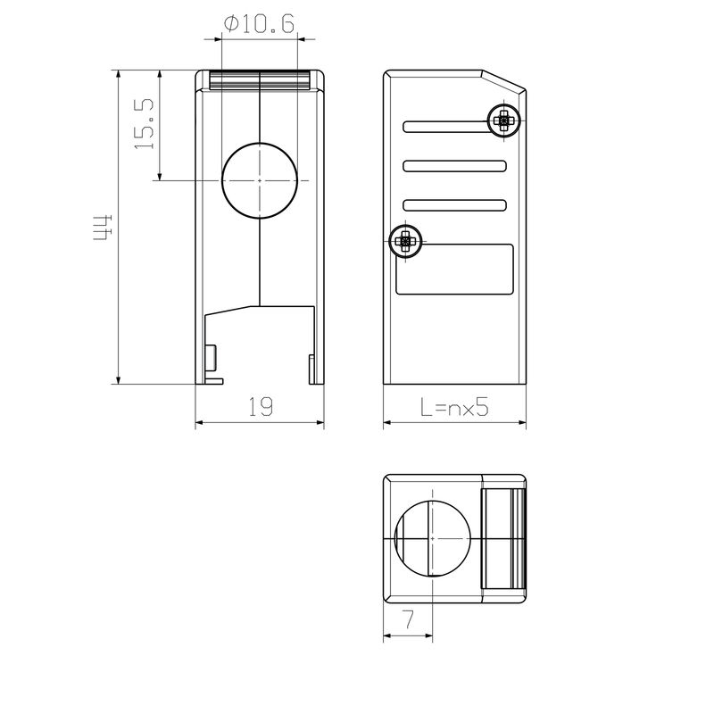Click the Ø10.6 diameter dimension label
pyautogui.click(x=259, y=24)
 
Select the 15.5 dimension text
pyautogui.click(x=145, y=124)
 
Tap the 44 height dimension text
pyautogui.click(x=103, y=228)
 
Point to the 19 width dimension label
pyautogui.click(x=261, y=406)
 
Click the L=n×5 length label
pyautogui.click(x=454, y=406)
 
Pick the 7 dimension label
pyautogui.click(x=409, y=619)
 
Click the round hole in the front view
pyautogui.click(x=260, y=181)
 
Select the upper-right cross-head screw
pyautogui.click(x=503, y=121)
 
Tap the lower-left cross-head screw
pyautogui.click(x=405, y=241)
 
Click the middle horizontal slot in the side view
pyautogui.click(x=454, y=166)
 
